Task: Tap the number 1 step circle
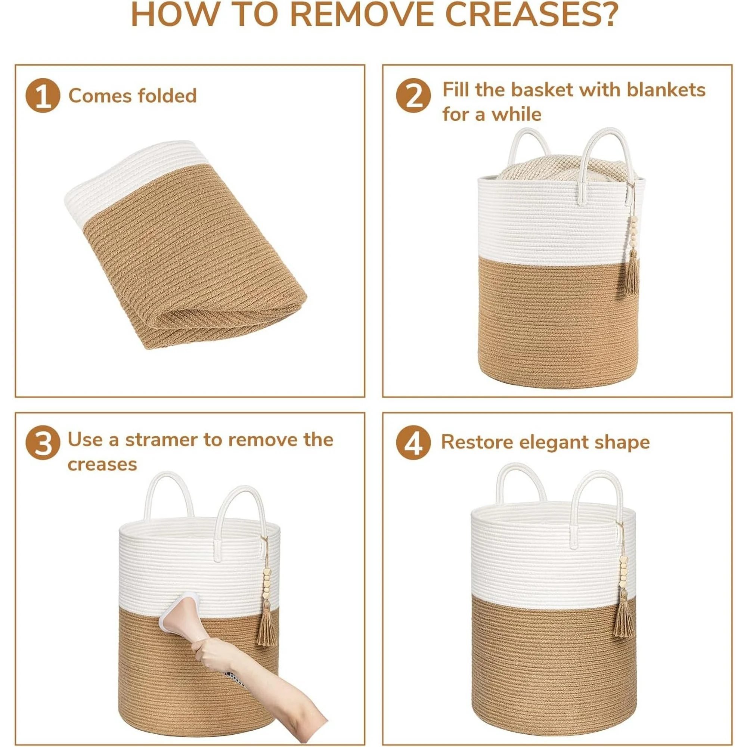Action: coord(43,96)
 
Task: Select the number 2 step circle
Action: coord(413,96)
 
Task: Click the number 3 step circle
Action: coord(43,443)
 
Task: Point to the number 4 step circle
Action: coord(413,443)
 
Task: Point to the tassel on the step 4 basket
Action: coord(623,614)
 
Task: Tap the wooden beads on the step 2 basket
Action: coord(634,232)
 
